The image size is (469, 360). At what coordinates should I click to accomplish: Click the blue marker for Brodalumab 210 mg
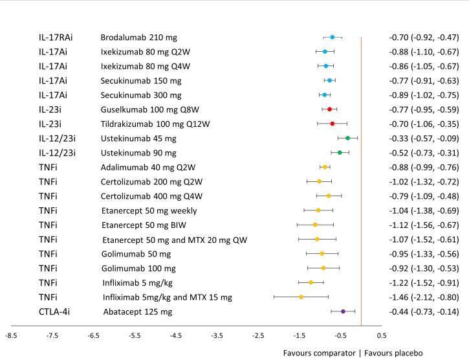click(x=333, y=38)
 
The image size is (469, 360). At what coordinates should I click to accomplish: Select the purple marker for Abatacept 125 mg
click(x=343, y=311)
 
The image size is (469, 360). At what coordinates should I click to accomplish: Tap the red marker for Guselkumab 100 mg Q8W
click(x=329, y=109)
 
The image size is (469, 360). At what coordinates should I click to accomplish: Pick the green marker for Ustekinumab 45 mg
click(x=347, y=138)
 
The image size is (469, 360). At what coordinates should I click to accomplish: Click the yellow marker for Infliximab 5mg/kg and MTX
click(x=301, y=297)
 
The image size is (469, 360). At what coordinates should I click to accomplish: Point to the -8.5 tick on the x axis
click(x=11, y=335)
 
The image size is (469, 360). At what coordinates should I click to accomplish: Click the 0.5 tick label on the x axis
click(x=382, y=335)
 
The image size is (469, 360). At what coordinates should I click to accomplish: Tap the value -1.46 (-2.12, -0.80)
click(x=423, y=297)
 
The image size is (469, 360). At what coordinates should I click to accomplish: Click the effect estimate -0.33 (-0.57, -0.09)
click(x=423, y=138)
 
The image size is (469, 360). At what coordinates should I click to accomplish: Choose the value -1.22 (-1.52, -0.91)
click(x=423, y=282)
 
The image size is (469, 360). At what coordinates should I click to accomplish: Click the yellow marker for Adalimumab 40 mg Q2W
click(x=325, y=167)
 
